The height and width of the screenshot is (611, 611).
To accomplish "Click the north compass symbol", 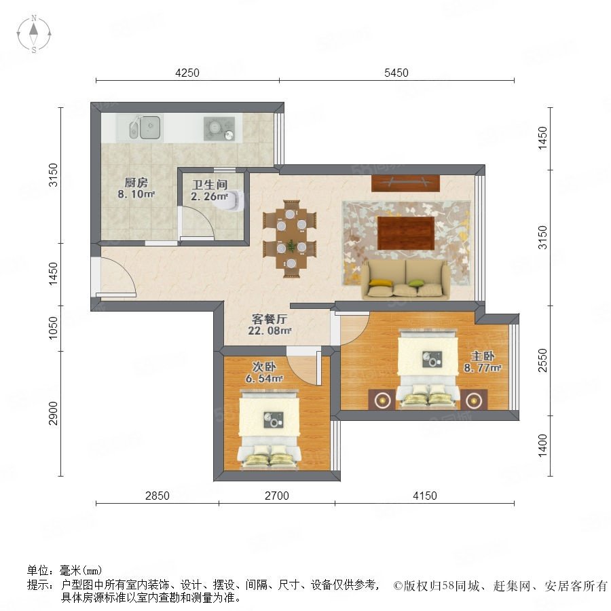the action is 34,33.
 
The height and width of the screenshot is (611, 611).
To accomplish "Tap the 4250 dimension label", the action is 187,73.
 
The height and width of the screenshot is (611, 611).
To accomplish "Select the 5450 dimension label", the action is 396,73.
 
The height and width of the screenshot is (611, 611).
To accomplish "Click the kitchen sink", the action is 145,127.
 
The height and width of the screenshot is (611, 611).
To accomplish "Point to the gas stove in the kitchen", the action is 219,128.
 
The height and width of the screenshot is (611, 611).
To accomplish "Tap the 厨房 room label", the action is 136,182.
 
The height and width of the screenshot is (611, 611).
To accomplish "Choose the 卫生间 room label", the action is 210,185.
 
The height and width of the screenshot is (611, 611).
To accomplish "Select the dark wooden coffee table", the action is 406,234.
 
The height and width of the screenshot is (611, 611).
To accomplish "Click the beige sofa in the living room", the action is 405,280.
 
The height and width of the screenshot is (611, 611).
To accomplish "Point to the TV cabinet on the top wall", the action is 405,183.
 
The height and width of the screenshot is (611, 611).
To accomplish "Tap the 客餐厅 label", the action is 270,320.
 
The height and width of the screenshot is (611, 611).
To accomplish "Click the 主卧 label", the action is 483,356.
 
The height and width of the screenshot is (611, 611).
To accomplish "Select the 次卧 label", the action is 264,367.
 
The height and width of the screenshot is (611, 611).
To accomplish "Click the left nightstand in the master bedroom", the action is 382,399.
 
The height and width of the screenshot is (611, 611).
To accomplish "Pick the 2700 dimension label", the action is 277,496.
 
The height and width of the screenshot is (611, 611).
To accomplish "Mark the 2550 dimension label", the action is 542,360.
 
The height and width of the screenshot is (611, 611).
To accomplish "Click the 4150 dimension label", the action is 425,496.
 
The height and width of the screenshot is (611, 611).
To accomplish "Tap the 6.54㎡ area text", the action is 264,378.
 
